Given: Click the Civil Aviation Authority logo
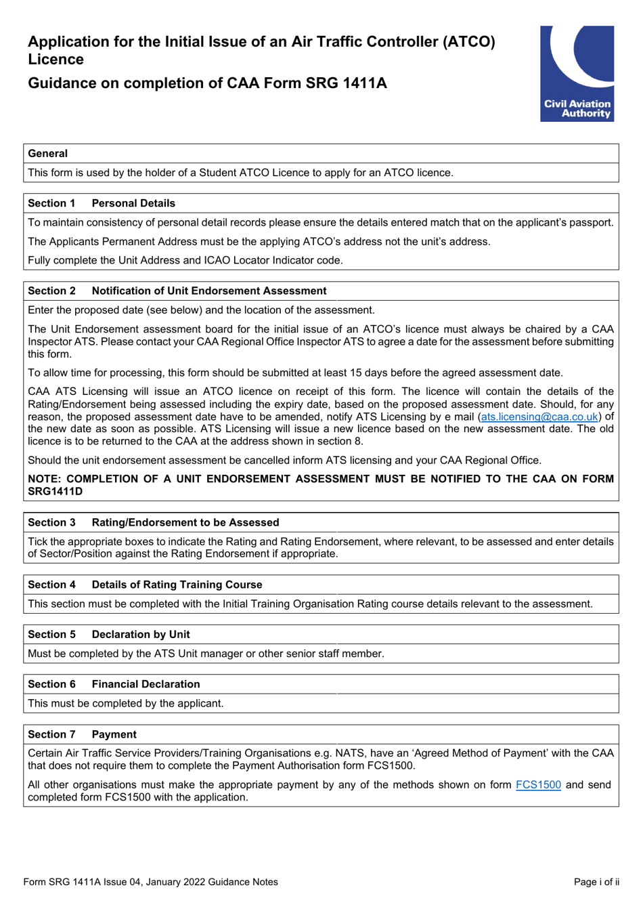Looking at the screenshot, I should (577, 74).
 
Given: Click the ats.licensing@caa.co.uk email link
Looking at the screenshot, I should (539, 417).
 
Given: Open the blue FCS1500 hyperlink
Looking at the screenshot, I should (538, 784).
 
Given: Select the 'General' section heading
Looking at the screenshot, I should (48, 154).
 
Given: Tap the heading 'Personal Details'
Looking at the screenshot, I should (133, 203).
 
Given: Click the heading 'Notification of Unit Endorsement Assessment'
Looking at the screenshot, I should (209, 291).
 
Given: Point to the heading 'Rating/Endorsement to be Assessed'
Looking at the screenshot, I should (185, 522).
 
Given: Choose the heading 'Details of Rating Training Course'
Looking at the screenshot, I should (177, 585).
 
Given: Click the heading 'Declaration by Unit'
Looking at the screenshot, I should (141, 634).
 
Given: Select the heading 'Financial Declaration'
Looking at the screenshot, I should (146, 684).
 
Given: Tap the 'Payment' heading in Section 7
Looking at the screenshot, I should (114, 734).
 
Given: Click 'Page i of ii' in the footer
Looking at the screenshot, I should (596, 882).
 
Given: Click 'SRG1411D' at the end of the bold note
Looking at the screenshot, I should (56, 491).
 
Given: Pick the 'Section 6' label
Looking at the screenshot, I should (51, 684).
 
